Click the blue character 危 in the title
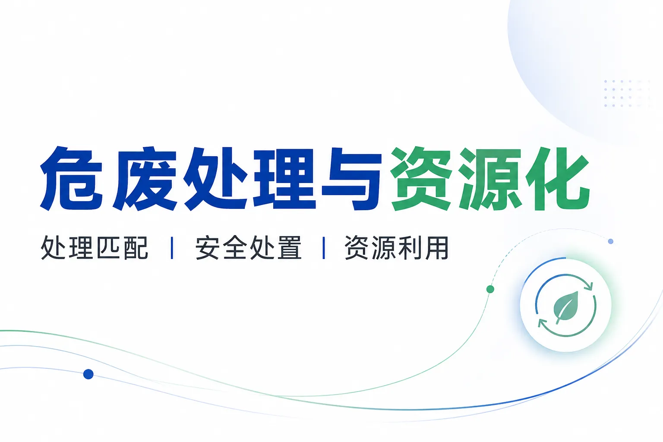[x=71, y=178]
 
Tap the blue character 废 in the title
[x=145, y=178]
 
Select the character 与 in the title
[x=351, y=178]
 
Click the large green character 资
[x=421, y=178]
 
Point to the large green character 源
[x=491, y=178]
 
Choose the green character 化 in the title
[x=558, y=178]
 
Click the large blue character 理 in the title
[x=284, y=178]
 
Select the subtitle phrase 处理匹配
[x=95, y=248]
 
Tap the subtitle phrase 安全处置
[x=249, y=248]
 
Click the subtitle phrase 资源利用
[x=397, y=248]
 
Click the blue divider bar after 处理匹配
[x=172, y=248]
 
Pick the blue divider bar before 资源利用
[x=324, y=248]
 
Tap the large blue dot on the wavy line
[x=88, y=374]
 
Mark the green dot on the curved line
[x=490, y=289]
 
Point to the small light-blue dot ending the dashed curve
[x=610, y=241]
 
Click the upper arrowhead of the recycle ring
[x=589, y=286]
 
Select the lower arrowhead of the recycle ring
[x=542, y=323]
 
